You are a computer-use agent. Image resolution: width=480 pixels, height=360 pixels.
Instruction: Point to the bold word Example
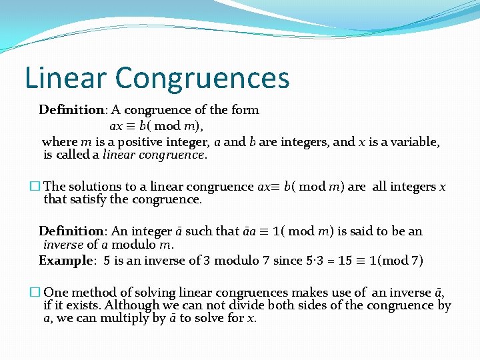coord(64,261)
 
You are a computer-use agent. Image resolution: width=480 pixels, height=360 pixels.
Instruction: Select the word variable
coord(417,142)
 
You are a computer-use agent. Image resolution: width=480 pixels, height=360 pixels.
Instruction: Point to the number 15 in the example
coord(327,261)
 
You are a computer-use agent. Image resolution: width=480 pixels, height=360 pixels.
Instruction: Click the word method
coord(94,293)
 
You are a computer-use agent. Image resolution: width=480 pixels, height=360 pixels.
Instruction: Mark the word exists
coord(87,305)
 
